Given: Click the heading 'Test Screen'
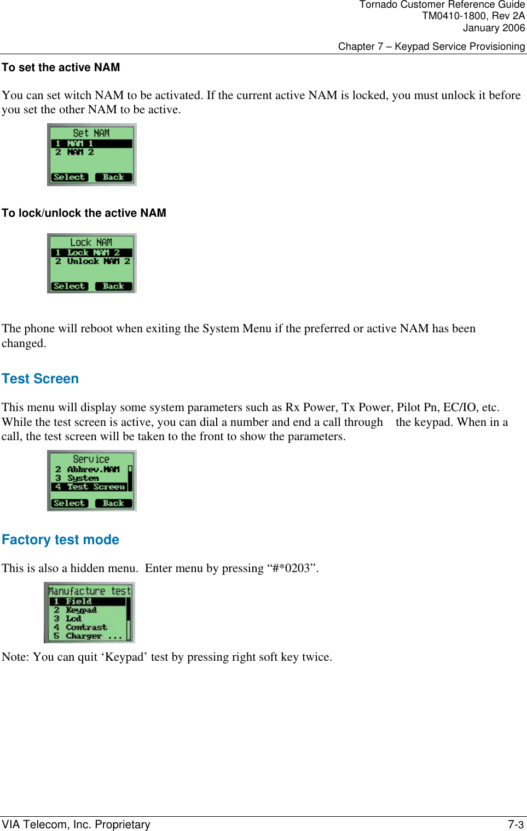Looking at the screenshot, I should [40, 379].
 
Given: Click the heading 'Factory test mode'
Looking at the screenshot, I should [60, 540].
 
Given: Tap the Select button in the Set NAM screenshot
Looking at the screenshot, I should [70, 177].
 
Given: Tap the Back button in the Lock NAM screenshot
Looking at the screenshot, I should [113, 286].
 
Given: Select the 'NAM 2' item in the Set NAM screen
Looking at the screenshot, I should [80, 152].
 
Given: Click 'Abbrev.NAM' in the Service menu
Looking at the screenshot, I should [92, 469].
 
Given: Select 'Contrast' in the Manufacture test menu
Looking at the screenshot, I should [86, 627].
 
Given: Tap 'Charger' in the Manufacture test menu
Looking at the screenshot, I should [84, 636].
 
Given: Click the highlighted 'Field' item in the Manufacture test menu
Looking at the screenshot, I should [78, 601].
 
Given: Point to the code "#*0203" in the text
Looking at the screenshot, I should [292, 568].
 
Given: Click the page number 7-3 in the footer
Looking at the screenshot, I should [516, 824].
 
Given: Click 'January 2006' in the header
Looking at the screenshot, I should [493, 28].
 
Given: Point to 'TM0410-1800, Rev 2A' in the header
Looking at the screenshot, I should [473, 16].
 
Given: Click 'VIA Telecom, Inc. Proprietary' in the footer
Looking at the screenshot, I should [76, 824].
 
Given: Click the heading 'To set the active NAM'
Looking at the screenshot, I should [61, 68].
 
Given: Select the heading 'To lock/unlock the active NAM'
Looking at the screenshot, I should [84, 213].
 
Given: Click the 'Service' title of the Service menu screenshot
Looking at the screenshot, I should [91, 459].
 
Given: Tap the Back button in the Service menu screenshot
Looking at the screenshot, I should [113, 503].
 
